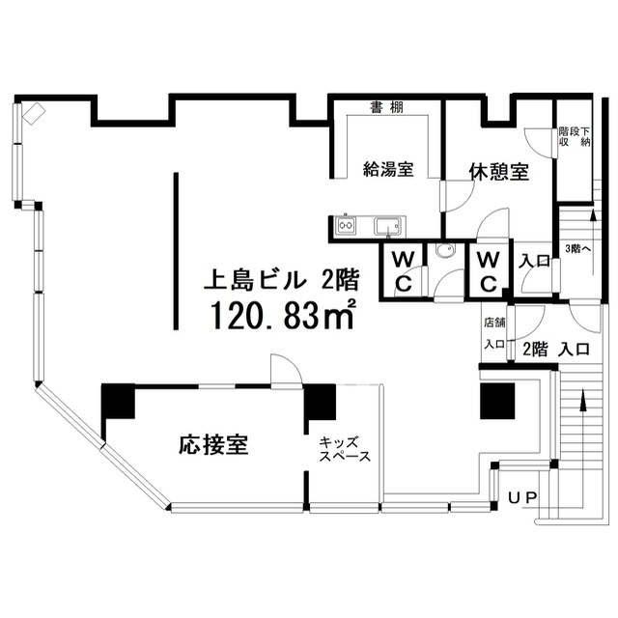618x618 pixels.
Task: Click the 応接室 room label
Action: click(x=213, y=445)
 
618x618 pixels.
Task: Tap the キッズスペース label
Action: click(x=346, y=449)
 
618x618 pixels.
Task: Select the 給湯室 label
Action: click(x=388, y=170)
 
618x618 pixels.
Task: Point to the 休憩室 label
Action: click(x=499, y=172)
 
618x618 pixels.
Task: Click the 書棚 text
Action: click(x=386, y=107)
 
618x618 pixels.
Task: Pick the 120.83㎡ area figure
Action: click(x=283, y=315)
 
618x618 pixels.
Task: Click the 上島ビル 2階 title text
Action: click(x=281, y=280)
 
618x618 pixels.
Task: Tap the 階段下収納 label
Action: click(x=575, y=136)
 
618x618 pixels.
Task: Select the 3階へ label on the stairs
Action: click(x=576, y=249)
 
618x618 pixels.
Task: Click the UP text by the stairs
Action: click(x=522, y=498)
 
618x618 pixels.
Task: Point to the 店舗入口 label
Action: click(x=494, y=333)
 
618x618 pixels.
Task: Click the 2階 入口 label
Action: click(x=556, y=350)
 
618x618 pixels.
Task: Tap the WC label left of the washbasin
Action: click(x=404, y=271)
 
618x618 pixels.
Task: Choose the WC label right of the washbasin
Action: click(x=489, y=271)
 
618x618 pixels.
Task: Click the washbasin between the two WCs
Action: click(x=445, y=250)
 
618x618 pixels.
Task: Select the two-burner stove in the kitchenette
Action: click(x=346, y=226)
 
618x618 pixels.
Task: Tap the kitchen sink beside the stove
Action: click(x=388, y=227)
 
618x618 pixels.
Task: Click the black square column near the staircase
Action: click(x=497, y=401)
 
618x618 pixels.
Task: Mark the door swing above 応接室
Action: click(x=287, y=369)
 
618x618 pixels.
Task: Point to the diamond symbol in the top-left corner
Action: click(x=34, y=114)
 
